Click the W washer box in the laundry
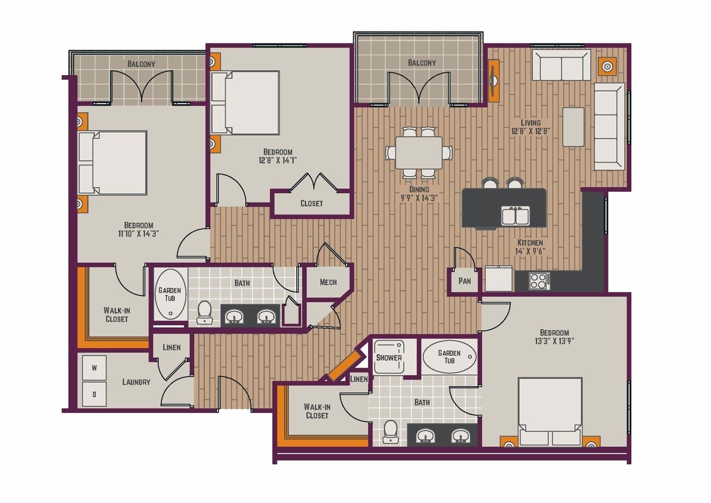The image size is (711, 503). point(94,368)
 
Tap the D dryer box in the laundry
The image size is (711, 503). point(94,394)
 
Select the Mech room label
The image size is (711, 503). point(328,282)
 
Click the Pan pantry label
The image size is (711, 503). point(464,281)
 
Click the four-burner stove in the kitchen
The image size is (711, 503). point(540,281)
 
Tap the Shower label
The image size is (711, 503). point(389,358)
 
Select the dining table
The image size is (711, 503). point(418,153)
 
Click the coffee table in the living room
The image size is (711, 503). point(573,126)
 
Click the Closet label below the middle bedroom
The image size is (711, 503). point(311,203)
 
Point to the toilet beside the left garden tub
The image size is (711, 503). point(204,311)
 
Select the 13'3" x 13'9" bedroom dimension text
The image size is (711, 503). point(554,341)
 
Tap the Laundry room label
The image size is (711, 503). point(136,382)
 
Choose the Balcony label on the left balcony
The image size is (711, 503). point(141,64)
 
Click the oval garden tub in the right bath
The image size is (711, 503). point(449,357)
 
